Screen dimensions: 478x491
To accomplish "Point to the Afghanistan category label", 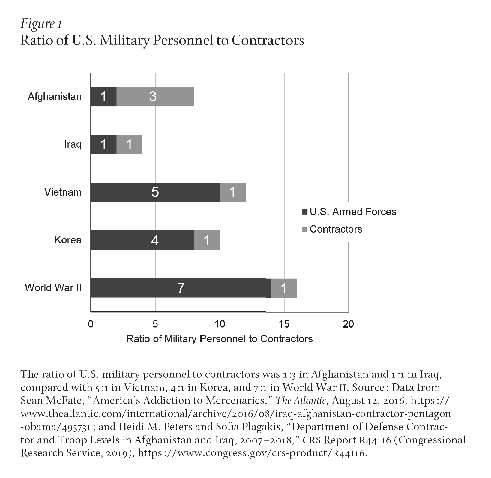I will click(x=55, y=97).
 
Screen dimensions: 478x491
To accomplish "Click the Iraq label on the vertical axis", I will click(x=73, y=145).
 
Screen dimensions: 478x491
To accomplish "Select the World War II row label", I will click(x=53, y=288).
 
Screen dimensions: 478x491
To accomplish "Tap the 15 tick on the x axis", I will click(x=284, y=324).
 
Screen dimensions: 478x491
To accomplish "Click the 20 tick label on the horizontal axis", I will click(x=348, y=324).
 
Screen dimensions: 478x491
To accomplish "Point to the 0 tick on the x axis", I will click(x=91, y=324).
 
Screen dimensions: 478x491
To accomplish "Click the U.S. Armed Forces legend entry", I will click(x=352, y=212).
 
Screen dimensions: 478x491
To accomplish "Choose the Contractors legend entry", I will click(x=336, y=229).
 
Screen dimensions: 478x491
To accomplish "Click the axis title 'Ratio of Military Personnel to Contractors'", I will click(x=220, y=339).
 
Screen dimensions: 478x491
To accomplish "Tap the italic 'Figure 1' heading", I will click(x=41, y=24).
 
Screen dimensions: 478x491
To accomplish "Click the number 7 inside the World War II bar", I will click(x=181, y=288).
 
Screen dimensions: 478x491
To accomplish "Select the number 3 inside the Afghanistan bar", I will click(x=153, y=97).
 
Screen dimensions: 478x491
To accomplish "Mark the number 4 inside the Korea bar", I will click(x=155, y=240).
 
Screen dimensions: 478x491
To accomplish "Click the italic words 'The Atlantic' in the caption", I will click(x=301, y=401).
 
